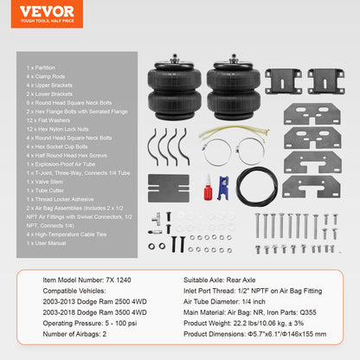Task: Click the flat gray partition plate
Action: tap(166, 186)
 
